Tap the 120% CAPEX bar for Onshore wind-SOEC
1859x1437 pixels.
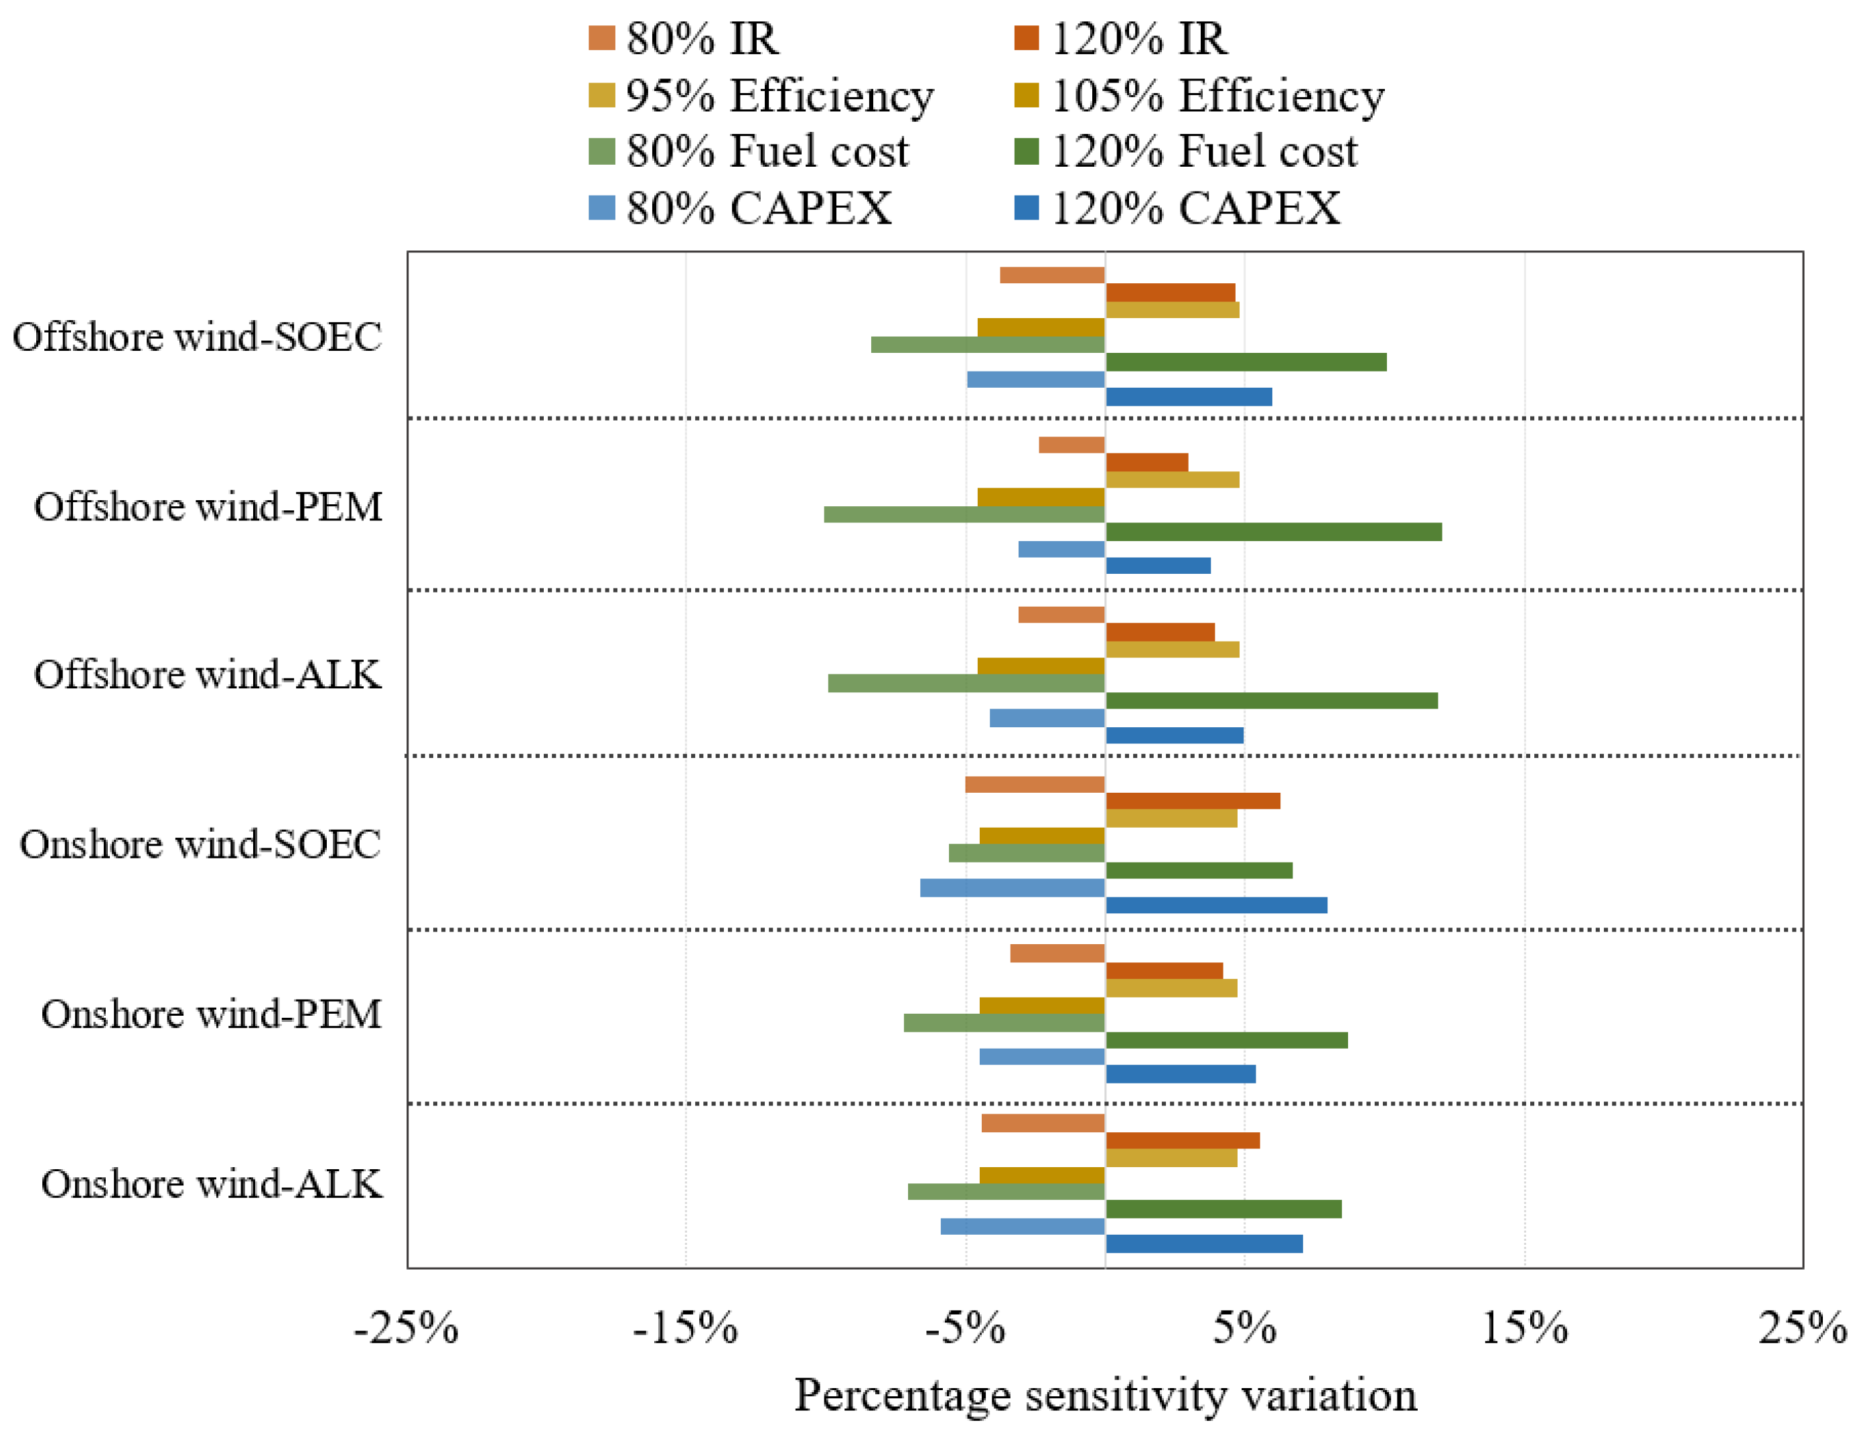tap(1215, 905)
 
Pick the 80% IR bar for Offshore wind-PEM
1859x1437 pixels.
tap(1071, 445)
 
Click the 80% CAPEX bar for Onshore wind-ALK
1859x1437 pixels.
tap(1023, 1227)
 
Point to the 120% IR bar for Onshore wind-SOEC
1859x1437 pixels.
tap(1193, 801)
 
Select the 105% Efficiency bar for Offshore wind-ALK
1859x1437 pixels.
tap(1041, 666)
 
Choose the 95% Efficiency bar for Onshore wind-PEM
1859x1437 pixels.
tap(1171, 988)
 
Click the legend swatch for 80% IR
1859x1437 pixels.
tap(601, 38)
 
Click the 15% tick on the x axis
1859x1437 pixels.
tap(1524, 1327)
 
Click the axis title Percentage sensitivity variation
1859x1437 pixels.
tap(1105, 1395)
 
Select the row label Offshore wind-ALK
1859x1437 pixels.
tap(208, 674)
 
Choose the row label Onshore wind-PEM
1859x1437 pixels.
tap(211, 1014)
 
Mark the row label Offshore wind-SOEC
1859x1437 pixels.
tap(197, 336)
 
